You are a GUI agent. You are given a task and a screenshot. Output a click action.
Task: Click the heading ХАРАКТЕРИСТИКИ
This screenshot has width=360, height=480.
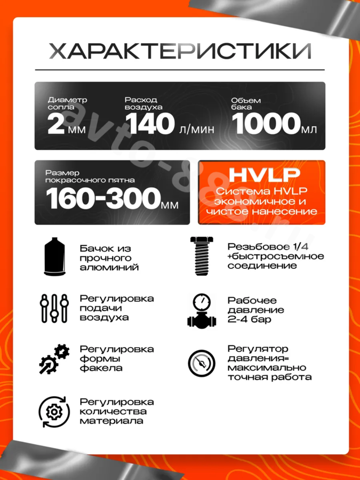click(x=180, y=52)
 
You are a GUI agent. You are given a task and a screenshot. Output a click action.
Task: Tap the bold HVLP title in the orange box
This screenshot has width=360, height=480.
click(x=261, y=175)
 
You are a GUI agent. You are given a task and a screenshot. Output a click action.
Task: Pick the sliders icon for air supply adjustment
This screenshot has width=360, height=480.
click(x=53, y=308)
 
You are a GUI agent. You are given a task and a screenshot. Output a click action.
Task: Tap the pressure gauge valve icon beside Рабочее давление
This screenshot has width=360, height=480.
click(x=201, y=309)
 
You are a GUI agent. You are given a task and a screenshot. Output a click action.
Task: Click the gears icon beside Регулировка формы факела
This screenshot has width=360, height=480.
click(x=54, y=358)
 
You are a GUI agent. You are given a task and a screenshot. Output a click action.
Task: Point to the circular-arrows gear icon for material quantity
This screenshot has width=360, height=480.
click(x=53, y=412)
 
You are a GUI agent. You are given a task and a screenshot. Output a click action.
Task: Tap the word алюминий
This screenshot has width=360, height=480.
click(x=109, y=267)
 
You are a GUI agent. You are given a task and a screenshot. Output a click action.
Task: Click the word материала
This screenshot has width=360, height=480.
click(x=111, y=421)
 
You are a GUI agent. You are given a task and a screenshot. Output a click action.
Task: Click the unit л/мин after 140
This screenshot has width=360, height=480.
click(x=195, y=130)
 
